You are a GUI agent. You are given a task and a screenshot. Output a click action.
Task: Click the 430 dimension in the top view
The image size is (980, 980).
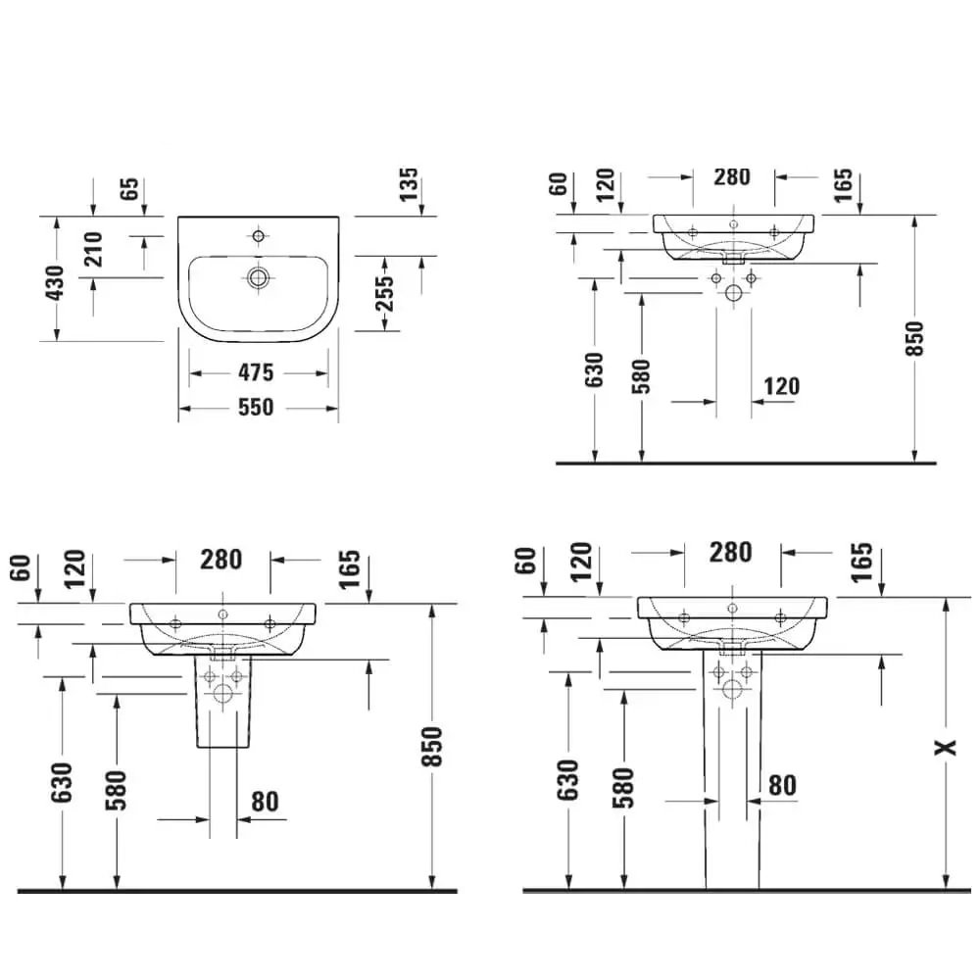pyautogui.click(x=55, y=282)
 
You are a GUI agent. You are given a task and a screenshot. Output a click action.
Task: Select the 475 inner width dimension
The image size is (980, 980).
pyautogui.click(x=258, y=372)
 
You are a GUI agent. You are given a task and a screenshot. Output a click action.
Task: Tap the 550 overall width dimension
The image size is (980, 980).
pyautogui.click(x=258, y=408)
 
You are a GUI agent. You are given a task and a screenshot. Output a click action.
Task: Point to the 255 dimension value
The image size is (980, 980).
pyautogui.click(x=386, y=292)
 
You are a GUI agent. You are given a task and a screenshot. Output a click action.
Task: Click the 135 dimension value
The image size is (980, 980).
pyautogui.click(x=409, y=185)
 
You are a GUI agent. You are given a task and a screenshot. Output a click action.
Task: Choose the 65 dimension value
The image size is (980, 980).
pyautogui.click(x=128, y=190)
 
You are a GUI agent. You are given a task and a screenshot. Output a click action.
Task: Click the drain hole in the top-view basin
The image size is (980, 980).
pyautogui.click(x=259, y=277)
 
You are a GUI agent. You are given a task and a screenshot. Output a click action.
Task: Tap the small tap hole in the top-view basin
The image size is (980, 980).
pyautogui.click(x=259, y=236)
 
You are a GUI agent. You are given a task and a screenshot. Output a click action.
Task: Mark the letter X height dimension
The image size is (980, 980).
pyautogui.click(x=944, y=748)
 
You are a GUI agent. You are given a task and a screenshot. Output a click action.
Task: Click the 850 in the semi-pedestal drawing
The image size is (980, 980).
pyautogui.click(x=432, y=747)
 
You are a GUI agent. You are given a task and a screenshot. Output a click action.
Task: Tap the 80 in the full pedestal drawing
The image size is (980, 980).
pyautogui.click(x=781, y=785)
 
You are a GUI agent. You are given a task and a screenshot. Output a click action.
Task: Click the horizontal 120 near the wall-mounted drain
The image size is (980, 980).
pyautogui.click(x=780, y=386)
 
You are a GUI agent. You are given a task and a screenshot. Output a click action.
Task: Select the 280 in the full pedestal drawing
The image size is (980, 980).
pyautogui.click(x=731, y=552)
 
